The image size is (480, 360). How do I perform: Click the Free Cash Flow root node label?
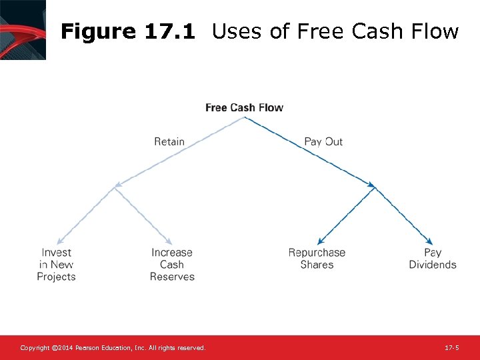[x=244, y=107]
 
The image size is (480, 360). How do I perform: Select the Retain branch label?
[x=169, y=141]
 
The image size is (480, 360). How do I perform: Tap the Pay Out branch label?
[x=323, y=141]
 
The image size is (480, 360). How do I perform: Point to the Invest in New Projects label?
[x=56, y=265]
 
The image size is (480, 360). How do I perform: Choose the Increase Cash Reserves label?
[x=172, y=265]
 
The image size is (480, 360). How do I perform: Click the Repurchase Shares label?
[x=317, y=259]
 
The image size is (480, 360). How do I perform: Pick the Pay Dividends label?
[x=433, y=259]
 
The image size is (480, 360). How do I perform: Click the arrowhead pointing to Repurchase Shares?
[x=320, y=242]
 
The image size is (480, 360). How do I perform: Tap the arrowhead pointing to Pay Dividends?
[x=430, y=242]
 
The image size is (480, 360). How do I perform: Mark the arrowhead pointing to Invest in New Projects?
[x=59, y=241]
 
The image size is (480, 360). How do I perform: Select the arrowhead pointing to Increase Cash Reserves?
[x=170, y=241]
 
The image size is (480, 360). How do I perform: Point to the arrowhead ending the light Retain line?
[x=117, y=186]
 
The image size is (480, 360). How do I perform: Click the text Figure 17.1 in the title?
[x=127, y=31]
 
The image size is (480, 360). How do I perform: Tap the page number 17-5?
[x=451, y=348]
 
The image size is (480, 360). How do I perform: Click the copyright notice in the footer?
[x=113, y=348]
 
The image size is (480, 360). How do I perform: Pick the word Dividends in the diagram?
[x=433, y=265]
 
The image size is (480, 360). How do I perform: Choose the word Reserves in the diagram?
[x=172, y=277]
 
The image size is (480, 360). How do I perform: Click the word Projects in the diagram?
[x=56, y=277]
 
